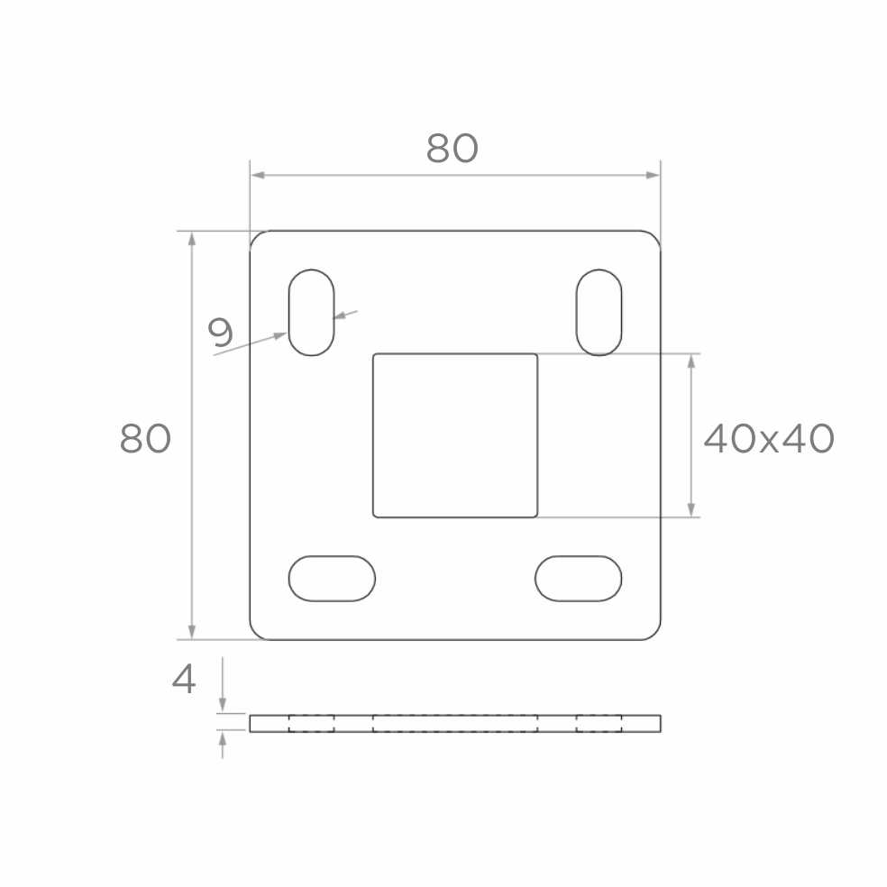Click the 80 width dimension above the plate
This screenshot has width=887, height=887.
point(452,148)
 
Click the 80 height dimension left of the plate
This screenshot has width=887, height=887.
point(145,438)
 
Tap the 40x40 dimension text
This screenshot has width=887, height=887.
point(768,438)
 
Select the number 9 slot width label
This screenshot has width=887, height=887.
point(221,332)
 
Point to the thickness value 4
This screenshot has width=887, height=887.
point(184,679)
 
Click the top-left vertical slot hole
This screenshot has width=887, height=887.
point(312,312)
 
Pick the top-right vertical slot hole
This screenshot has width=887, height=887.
point(599,312)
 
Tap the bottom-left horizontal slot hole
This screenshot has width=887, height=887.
point(332,579)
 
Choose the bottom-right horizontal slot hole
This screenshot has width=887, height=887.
point(578,579)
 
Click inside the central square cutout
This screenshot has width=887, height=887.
point(455,435)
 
